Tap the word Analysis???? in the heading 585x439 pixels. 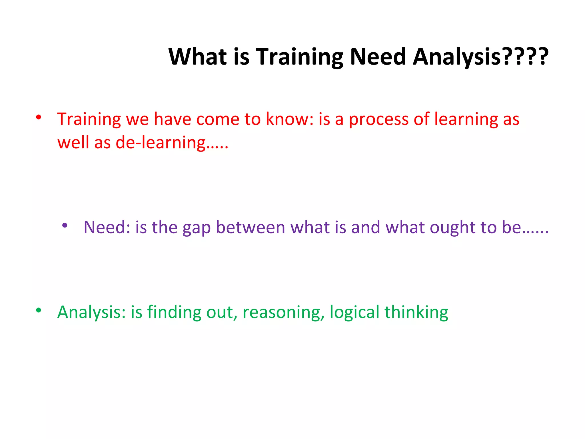pos(480,57)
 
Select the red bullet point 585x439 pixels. pos(39,117)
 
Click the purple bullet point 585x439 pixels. pos(65,226)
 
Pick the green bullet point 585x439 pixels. pos(39,310)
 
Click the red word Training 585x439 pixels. pos(89,119)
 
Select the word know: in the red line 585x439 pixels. pos(290,119)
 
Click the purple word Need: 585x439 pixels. pos(107,228)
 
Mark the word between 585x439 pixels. pos(251,228)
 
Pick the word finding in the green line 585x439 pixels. pos(174,312)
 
